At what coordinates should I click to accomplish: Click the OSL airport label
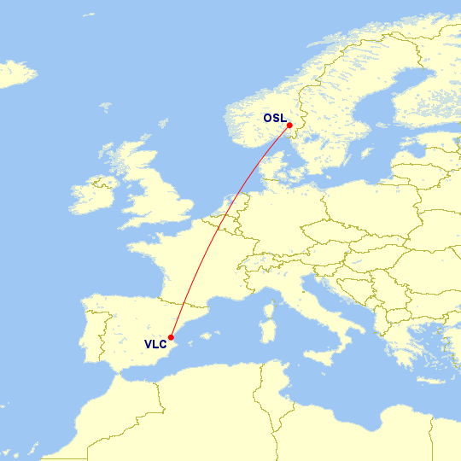[274, 119]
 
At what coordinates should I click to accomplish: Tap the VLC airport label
[155, 345]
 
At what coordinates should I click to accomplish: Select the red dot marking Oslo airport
[290, 125]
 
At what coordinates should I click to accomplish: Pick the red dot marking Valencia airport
[172, 336]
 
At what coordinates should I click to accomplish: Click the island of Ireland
[93, 196]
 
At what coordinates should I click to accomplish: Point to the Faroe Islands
[105, 108]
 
